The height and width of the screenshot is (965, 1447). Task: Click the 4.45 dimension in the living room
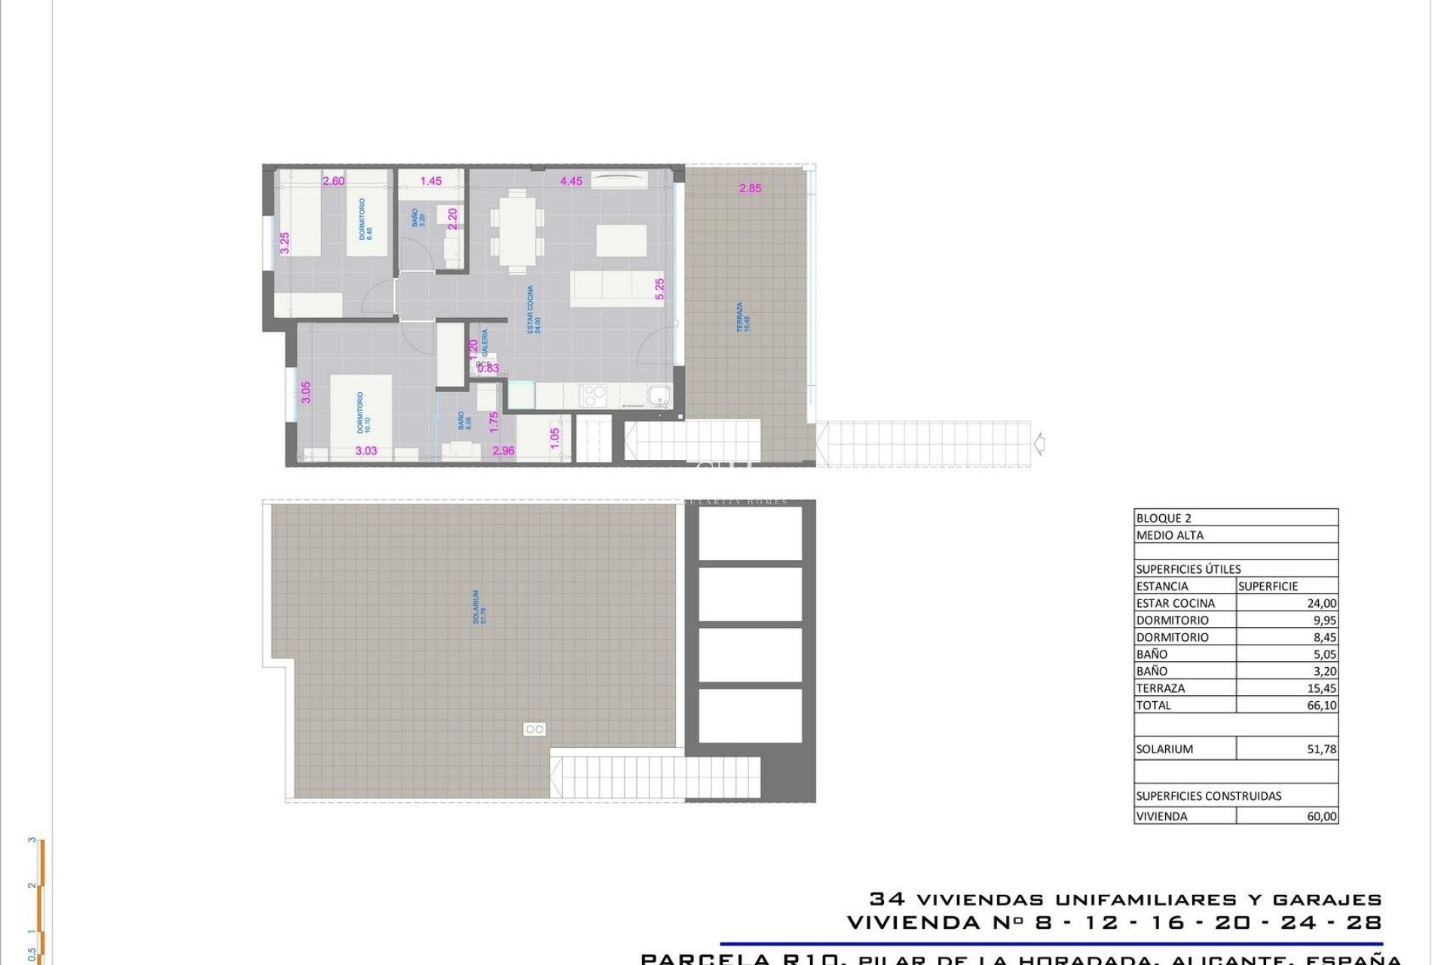pyautogui.click(x=571, y=181)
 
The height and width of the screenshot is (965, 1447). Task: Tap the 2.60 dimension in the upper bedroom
pyautogui.click(x=333, y=181)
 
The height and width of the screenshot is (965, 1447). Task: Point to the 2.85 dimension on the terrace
pyautogui.click(x=750, y=188)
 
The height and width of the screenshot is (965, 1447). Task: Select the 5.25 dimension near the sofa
pyautogui.click(x=659, y=290)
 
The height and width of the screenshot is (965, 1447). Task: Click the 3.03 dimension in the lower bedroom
pyautogui.click(x=366, y=451)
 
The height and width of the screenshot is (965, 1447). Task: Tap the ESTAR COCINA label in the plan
pyautogui.click(x=533, y=309)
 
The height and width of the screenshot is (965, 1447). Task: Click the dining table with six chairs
pyautogui.click(x=517, y=231)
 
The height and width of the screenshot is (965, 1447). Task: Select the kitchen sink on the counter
pyautogui.click(x=659, y=395)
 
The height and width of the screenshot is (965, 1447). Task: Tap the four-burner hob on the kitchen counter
pyautogui.click(x=594, y=395)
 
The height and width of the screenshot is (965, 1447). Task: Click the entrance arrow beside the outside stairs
pyautogui.click(x=1039, y=443)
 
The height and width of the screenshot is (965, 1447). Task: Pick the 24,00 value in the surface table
pyautogui.click(x=1321, y=603)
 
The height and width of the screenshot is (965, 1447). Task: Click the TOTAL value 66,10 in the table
pyautogui.click(x=1321, y=706)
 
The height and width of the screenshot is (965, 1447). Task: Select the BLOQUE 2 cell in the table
pyautogui.click(x=1164, y=518)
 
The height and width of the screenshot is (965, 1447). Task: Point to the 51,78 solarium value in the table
pyautogui.click(x=1321, y=749)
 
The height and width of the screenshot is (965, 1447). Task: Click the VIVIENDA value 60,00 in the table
pyautogui.click(x=1321, y=816)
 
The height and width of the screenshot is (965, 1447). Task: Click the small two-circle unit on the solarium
pyautogui.click(x=534, y=729)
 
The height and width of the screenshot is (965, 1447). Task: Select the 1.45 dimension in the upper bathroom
pyautogui.click(x=431, y=181)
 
